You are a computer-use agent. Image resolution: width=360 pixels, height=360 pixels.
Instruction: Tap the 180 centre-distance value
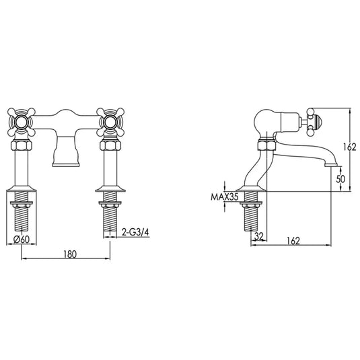pyautogui.click(x=67, y=254)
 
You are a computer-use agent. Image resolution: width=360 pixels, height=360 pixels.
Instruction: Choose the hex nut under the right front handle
pyautogui.click(x=110, y=144)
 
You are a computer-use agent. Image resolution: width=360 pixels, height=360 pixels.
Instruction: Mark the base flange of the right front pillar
pyautogui.click(x=110, y=190)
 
